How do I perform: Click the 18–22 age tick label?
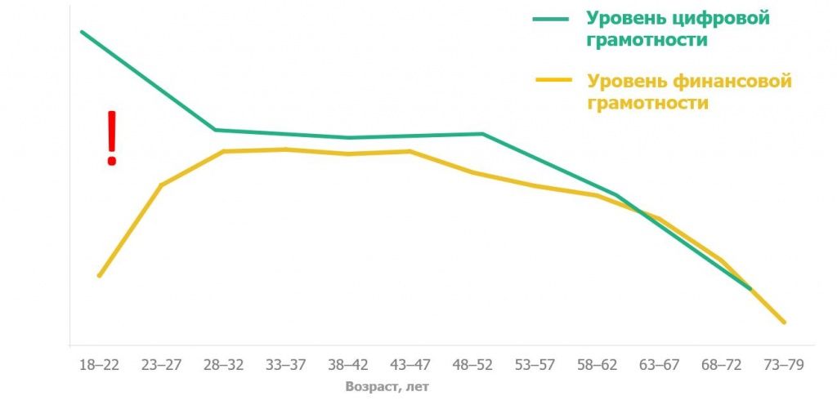[99, 365]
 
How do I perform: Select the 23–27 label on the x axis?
[161, 365]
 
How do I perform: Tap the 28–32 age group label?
[224, 365]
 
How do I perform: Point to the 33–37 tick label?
[285, 365]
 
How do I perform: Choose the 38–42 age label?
[348, 365]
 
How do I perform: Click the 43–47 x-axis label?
[410, 365]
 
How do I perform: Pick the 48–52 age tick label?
[472, 365]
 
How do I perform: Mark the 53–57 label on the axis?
[535, 365]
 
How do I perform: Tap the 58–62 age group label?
[597, 365]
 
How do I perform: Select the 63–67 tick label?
[660, 365]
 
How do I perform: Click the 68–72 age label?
[722, 365]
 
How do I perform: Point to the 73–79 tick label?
[784, 365]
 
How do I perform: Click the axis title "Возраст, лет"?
[387, 387]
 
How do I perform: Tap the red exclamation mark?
[111, 138]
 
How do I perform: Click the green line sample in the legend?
[550, 19]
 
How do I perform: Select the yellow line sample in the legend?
[553, 80]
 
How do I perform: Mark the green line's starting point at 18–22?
[82, 32]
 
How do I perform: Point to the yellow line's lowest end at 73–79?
[784, 322]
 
